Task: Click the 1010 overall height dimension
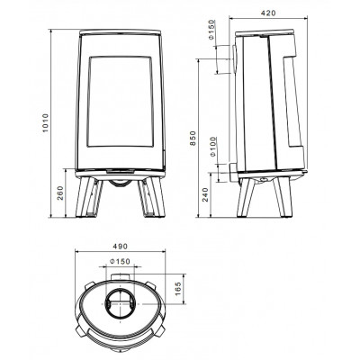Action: (45, 123)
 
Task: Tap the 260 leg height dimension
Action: (60, 193)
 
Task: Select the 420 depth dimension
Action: (268, 13)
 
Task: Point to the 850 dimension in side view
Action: (193, 139)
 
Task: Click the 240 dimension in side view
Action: (205, 194)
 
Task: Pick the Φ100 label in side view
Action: (212, 147)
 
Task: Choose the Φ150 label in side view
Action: (211, 30)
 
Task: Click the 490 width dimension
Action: (120, 247)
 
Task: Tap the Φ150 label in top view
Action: (120, 262)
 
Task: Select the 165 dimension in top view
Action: (178, 288)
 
